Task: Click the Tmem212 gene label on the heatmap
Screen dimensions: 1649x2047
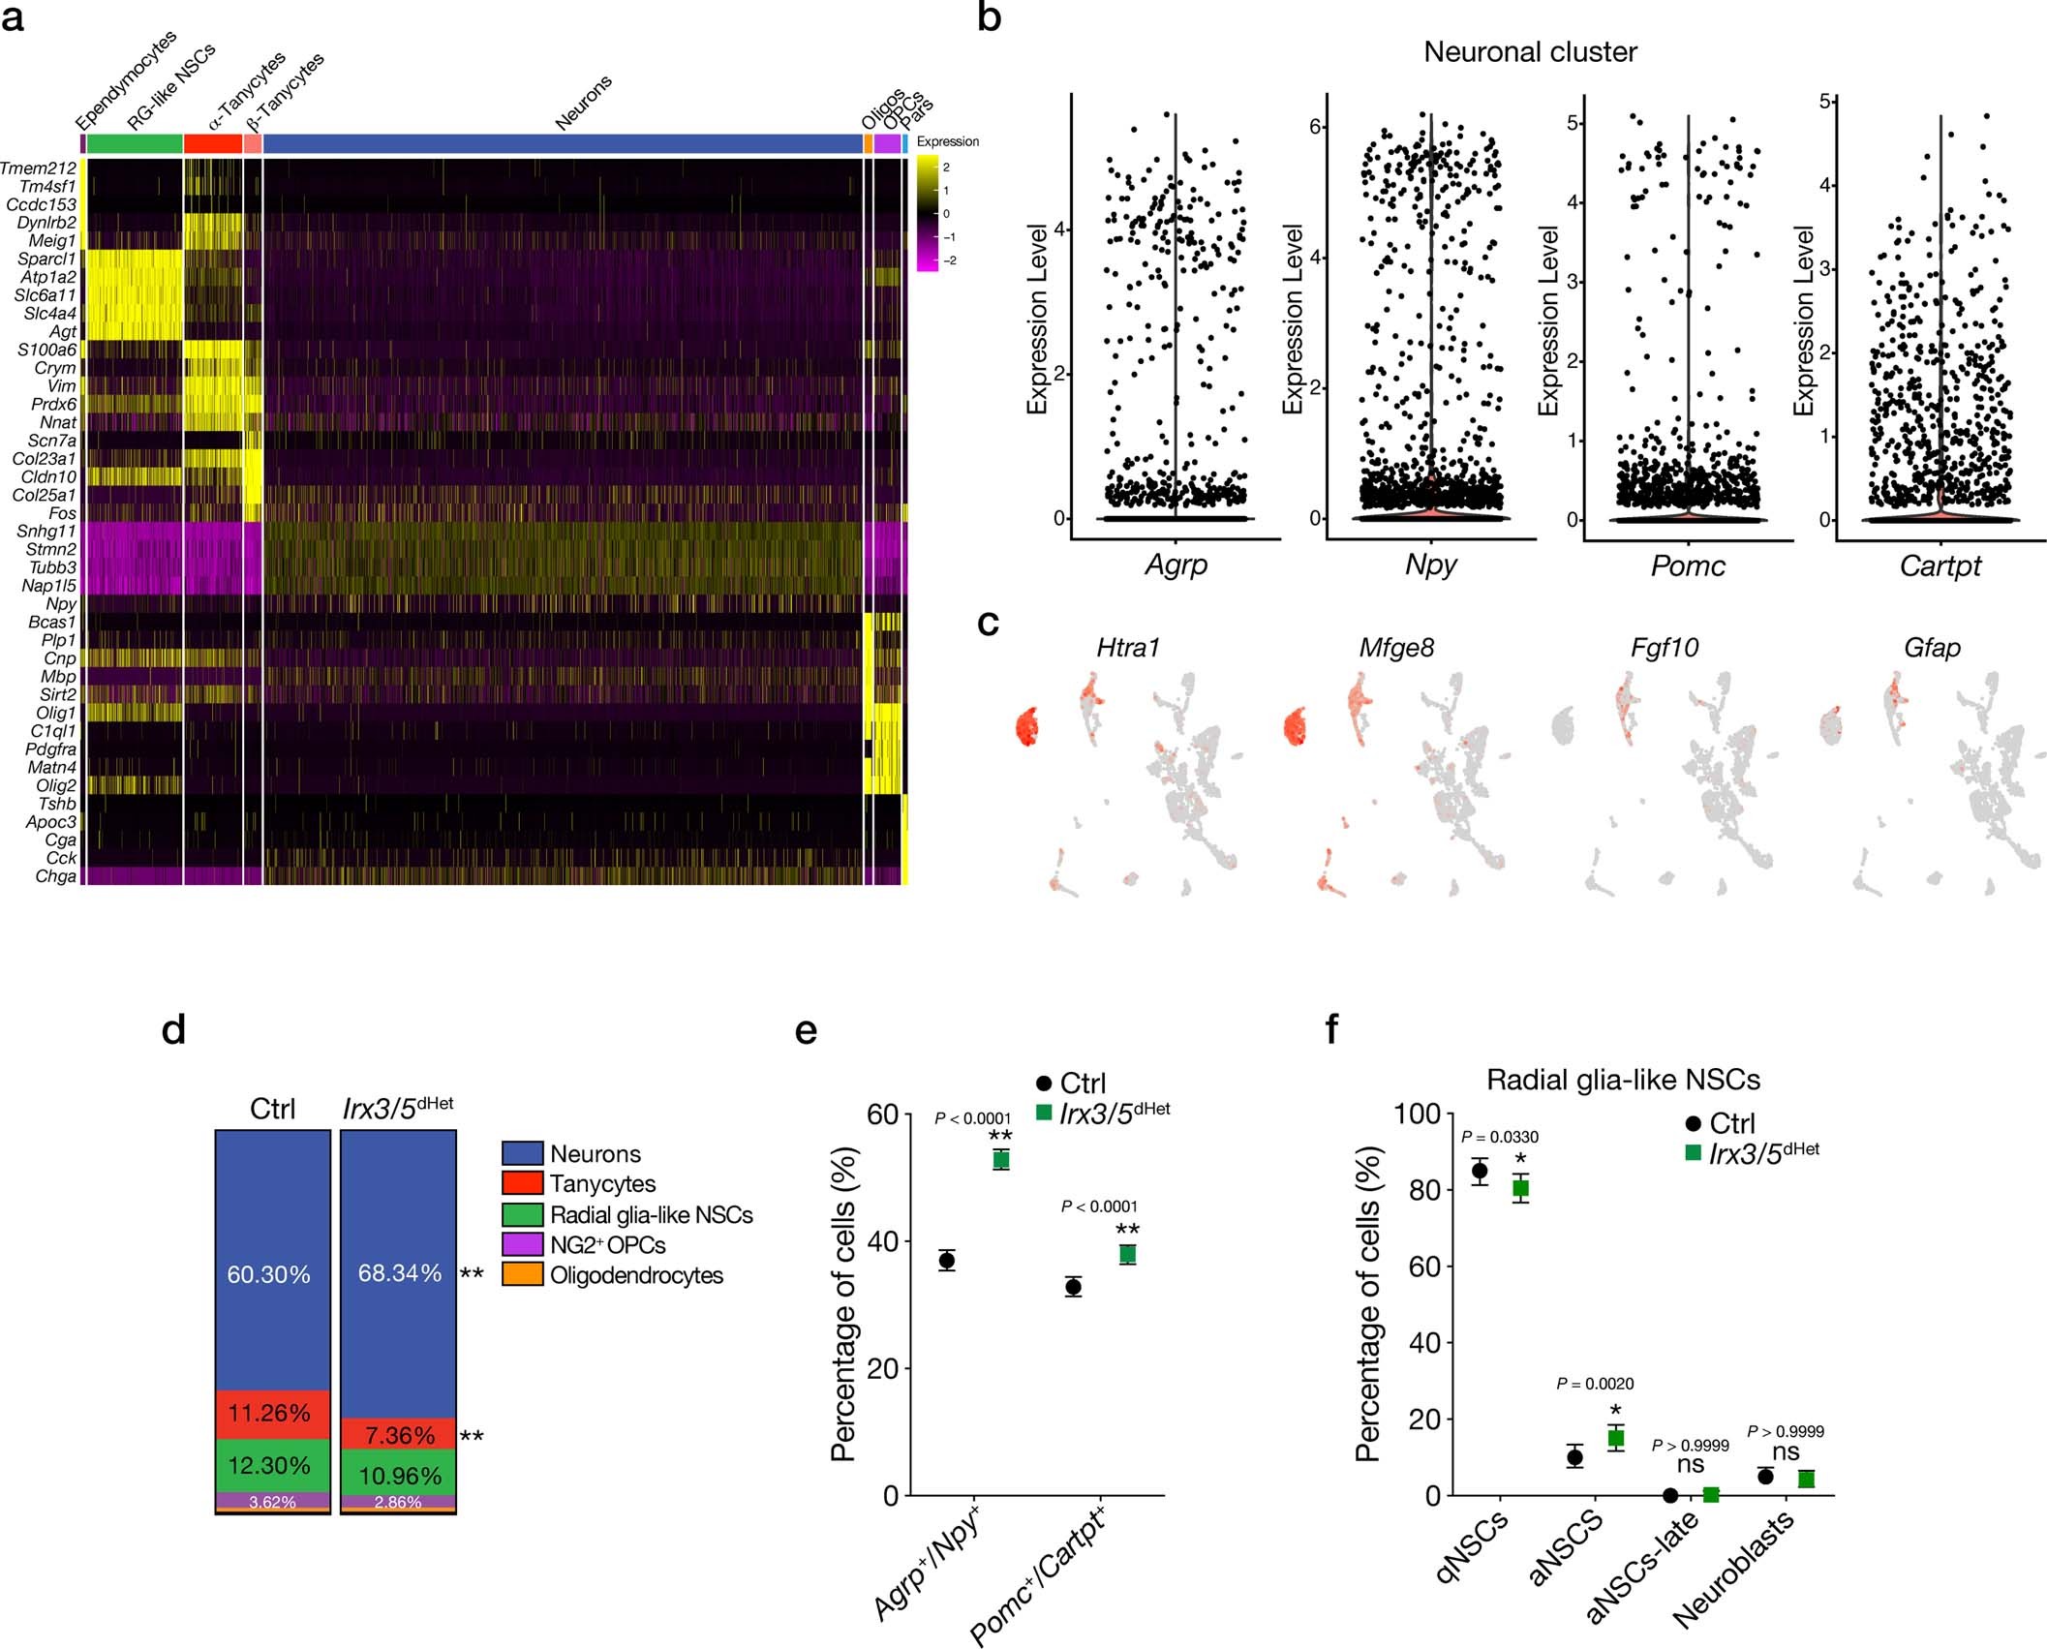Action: pyautogui.click(x=39, y=168)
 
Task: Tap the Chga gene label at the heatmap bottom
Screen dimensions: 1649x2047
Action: pyautogui.click(x=55, y=877)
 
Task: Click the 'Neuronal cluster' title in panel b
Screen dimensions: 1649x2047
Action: pyautogui.click(x=1530, y=52)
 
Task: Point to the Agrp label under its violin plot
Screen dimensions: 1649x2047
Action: pyautogui.click(x=1176, y=565)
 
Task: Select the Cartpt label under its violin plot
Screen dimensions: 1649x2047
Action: pyautogui.click(x=1940, y=565)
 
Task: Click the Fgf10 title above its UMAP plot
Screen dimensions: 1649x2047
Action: pyautogui.click(x=1664, y=648)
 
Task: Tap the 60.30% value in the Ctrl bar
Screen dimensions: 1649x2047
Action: pyautogui.click(x=268, y=1274)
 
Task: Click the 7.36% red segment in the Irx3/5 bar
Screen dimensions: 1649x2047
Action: pyautogui.click(x=399, y=1435)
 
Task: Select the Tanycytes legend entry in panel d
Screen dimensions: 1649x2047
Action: pyautogui.click(x=602, y=1184)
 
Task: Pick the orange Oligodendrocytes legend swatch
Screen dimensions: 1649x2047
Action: pyautogui.click(x=522, y=1274)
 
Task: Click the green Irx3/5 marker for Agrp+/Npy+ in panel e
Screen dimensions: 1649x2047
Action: pyautogui.click(x=1000, y=1160)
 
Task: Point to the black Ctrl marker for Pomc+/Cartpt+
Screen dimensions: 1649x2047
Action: pyautogui.click(x=1073, y=1287)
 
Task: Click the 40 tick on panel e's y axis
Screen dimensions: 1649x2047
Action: pyautogui.click(x=883, y=1241)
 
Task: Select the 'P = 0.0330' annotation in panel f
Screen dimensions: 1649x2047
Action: pyautogui.click(x=1499, y=1138)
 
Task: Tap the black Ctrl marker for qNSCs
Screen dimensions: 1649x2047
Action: pyautogui.click(x=1480, y=1171)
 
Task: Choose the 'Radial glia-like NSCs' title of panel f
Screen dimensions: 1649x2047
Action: pyautogui.click(x=1623, y=1080)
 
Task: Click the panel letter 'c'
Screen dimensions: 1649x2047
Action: pyautogui.click(x=988, y=623)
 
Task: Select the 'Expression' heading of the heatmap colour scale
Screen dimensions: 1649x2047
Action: pyautogui.click(x=947, y=141)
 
